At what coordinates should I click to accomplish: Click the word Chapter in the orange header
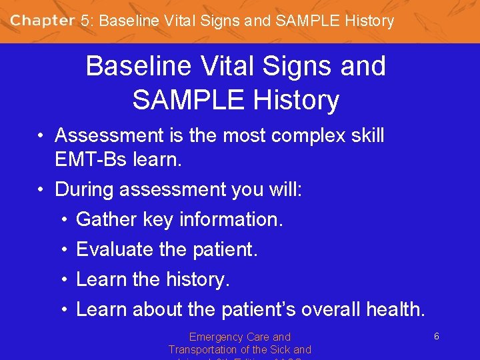[x=43, y=21]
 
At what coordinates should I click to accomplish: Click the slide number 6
[x=436, y=337]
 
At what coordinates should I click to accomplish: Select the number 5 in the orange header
[x=84, y=21]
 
